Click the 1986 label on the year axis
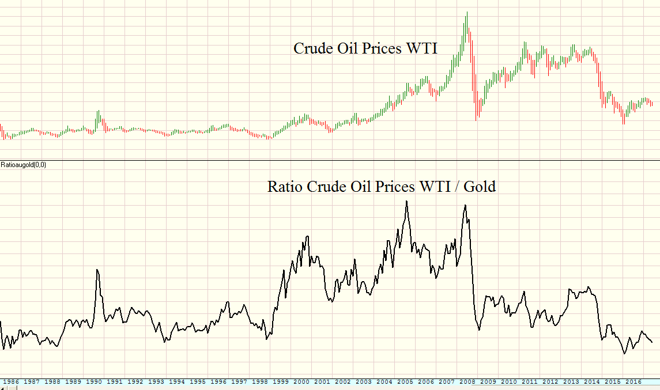[x=11, y=381]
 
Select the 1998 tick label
[x=260, y=381]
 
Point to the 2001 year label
[x=322, y=381]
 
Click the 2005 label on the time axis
[x=405, y=381]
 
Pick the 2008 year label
[x=467, y=381]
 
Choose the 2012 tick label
[x=550, y=381]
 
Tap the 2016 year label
[x=633, y=381]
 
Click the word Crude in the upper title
[x=311, y=48]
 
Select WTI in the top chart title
[x=422, y=48]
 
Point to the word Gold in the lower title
[x=480, y=187]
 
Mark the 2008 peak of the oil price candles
[x=467, y=13]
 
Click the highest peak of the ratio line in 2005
[x=406, y=201]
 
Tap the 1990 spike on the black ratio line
[x=97, y=270]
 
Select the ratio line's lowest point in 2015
[x=624, y=353]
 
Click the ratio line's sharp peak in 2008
[x=465, y=205]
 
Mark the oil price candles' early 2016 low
[x=624, y=123]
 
